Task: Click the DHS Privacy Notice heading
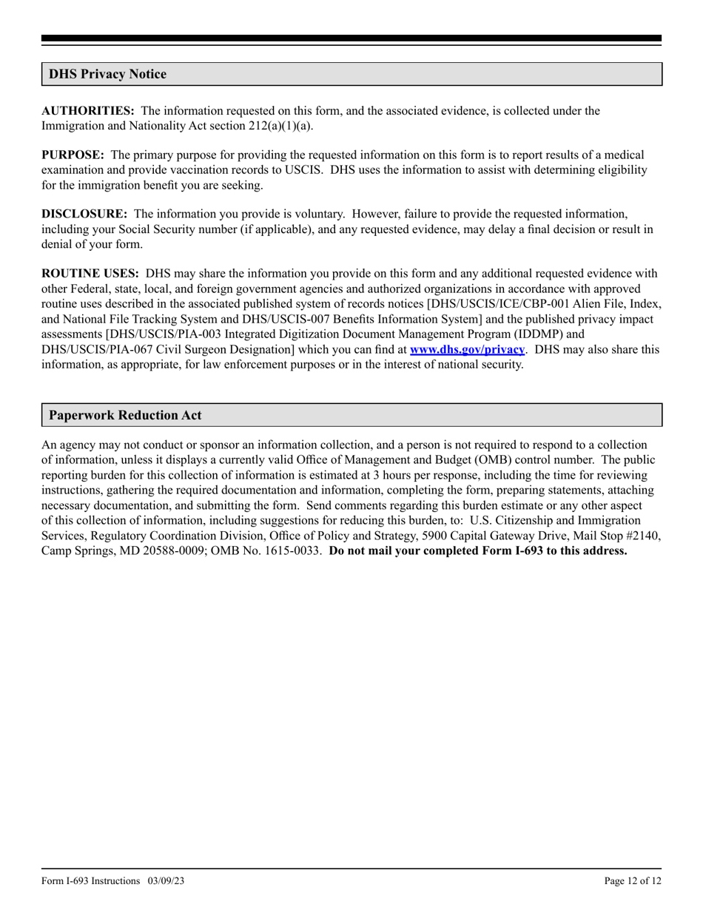[x=107, y=74]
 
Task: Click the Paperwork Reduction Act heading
[x=124, y=415]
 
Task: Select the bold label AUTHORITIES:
[x=87, y=111]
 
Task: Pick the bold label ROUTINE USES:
[x=90, y=274]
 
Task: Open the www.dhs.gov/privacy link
[x=467, y=348]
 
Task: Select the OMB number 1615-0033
[x=293, y=550]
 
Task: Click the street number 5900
[x=436, y=536]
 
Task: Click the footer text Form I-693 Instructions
[x=91, y=880]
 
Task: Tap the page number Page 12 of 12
[x=633, y=880]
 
